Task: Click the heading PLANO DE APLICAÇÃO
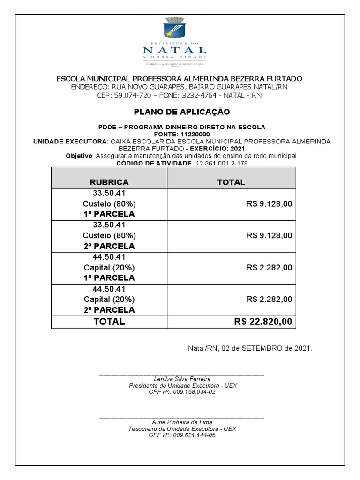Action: click(x=181, y=112)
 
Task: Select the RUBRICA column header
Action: click(x=109, y=182)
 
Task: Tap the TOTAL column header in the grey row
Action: click(x=231, y=182)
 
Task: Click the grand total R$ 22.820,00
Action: click(x=263, y=322)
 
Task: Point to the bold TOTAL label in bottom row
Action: click(x=109, y=322)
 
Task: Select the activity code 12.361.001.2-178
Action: click(x=220, y=163)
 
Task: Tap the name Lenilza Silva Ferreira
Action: click(x=182, y=379)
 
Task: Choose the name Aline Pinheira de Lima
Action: click(x=182, y=422)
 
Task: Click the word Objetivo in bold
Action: click(x=79, y=156)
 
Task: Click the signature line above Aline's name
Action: click(x=182, y=417)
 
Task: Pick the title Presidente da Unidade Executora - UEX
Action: click(x=182, y=385)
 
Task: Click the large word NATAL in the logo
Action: click(x=174, y=50)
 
